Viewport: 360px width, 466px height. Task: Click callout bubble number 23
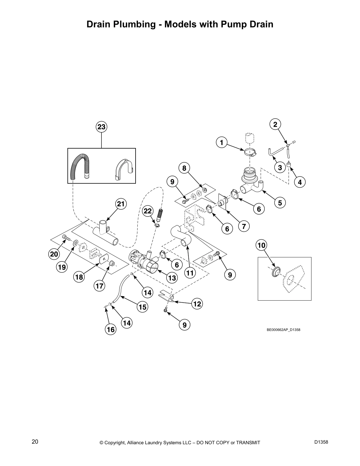[101, 127]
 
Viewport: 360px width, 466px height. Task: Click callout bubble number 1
[222, 143]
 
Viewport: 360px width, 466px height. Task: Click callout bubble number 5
[280, 203]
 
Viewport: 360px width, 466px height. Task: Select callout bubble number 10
[261, 245]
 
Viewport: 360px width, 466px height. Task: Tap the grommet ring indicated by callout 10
[276, 272]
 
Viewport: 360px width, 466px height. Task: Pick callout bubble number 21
[121, 204]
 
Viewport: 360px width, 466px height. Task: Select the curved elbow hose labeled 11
[181, 235]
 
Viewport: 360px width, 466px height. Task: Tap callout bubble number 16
[111, 329]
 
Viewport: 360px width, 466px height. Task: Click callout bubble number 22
[148, 211]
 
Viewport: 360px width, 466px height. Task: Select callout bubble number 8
[184, 168]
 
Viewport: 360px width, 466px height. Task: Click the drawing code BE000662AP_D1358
[283, 330]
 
